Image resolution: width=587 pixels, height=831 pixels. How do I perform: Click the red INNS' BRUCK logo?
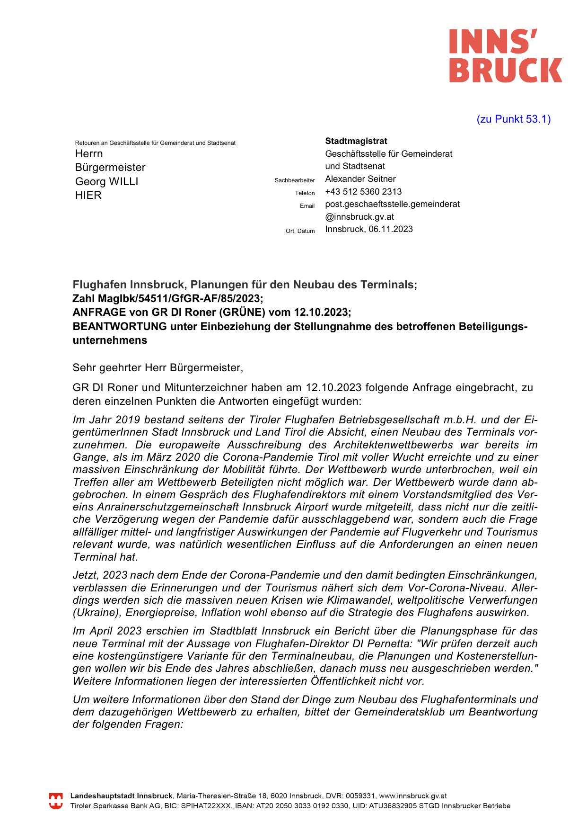505,55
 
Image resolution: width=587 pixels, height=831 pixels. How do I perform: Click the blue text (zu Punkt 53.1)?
513,119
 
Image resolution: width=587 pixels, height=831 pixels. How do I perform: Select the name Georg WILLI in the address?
106,182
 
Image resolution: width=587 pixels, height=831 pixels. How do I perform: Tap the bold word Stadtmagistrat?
356,141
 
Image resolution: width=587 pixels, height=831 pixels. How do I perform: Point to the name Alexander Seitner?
360,179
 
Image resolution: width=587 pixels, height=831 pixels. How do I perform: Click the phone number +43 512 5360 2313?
363,192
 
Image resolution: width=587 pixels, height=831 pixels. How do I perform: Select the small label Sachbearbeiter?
294,180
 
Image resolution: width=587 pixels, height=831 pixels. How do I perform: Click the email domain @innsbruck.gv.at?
359,217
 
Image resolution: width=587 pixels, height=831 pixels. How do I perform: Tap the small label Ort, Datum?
300,231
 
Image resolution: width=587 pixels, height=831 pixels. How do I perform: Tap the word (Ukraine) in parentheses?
94,613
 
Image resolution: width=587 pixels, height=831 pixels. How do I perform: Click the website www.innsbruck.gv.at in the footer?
412,796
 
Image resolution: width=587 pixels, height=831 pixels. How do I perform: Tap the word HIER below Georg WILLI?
88,196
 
